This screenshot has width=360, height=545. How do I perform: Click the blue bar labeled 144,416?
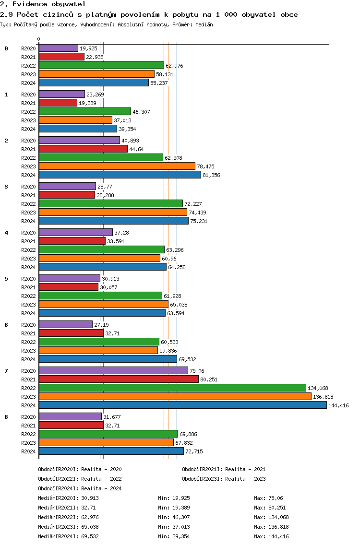point(182,405)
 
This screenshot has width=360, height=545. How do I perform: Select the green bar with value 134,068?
point(172,388)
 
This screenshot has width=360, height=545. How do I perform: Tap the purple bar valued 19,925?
point(58,48)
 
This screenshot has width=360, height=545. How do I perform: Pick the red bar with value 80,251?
point(119,379)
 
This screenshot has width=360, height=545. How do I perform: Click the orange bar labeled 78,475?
point(117,166)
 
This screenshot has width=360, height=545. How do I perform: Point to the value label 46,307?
point(141,112)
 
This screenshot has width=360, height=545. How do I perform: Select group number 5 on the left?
point(6,279)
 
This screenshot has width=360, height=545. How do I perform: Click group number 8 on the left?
point(6,417)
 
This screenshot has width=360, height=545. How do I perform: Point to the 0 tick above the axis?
point(39,39)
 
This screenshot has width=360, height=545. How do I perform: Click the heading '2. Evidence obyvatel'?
point(36,4)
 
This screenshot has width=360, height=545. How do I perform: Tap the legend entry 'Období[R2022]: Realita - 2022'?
point(80,479)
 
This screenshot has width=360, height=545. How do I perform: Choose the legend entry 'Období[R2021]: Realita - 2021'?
point(224,469)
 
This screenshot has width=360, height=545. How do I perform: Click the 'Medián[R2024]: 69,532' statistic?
point(68,536)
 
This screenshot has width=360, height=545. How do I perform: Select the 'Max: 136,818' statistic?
point(271,527)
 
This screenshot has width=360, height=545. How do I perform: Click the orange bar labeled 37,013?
point(75,120)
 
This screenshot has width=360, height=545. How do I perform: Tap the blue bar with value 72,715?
point(111,451)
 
